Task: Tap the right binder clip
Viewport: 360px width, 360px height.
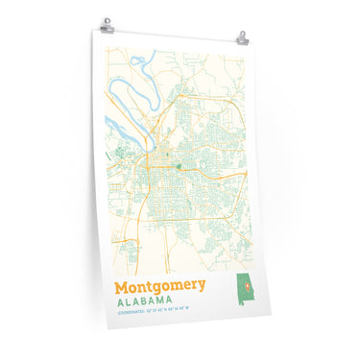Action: tap(243, 37)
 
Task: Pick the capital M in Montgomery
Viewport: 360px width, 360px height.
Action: tap(121, 286)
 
